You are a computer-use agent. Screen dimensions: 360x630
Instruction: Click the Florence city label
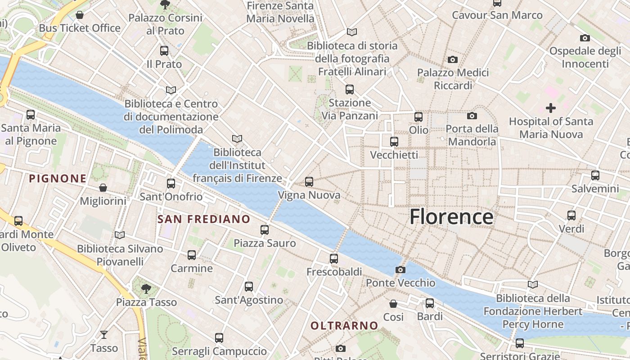[451, 217]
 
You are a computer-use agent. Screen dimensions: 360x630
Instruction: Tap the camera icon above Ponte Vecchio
[400, 270]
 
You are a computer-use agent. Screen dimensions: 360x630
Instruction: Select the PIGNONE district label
[58, 179]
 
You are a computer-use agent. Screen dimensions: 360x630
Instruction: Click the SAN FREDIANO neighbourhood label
[204, 219]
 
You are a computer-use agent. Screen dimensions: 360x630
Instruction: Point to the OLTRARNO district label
[344, 325]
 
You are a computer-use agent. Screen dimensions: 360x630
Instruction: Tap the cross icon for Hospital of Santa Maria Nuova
[550, 108]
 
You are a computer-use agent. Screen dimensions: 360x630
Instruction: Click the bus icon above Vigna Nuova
[309, 182]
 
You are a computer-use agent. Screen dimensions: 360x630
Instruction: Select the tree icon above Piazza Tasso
[146, 288]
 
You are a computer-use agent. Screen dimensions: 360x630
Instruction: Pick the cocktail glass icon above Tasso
[104, 334]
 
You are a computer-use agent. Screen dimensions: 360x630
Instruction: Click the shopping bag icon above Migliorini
[103, 188]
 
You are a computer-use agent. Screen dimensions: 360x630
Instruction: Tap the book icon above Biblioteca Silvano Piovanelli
[119, 235]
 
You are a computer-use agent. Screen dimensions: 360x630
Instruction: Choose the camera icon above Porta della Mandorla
[472, 116]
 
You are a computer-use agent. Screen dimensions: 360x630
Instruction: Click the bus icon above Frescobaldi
[333, 258]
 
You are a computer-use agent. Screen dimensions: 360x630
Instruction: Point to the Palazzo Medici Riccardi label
[453, 79]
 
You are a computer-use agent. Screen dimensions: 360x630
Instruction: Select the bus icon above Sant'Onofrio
[171, 183]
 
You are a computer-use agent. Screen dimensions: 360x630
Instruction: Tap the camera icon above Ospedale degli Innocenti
[585, 38]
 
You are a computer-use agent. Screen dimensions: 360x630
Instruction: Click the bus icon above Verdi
[571, 215]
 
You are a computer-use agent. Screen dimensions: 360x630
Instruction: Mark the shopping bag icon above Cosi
[393, 303]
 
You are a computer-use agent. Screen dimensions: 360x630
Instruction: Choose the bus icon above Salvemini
[595, 175]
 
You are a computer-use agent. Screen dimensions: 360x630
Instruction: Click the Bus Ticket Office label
[80, 28]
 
